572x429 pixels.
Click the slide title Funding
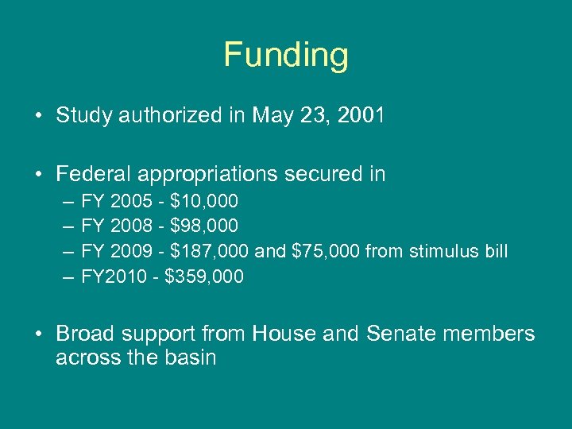286,56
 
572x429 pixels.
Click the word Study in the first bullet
84,116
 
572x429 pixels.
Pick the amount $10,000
204,202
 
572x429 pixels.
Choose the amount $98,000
204,226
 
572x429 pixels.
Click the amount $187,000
211,251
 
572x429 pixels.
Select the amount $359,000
204,276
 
